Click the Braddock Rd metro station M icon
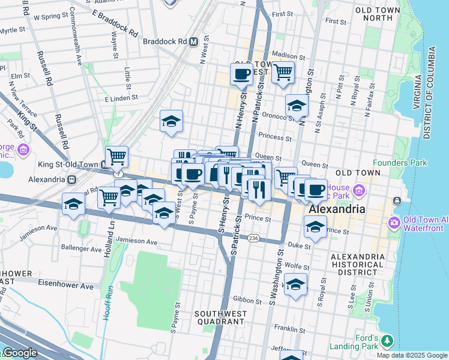coord(193,42)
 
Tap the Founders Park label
coord(399,163)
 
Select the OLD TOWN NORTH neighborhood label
coord(382,14)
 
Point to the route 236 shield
coord(253,238)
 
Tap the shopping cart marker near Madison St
coord(283,73)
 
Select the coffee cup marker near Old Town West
coord(242,74)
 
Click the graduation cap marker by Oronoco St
coord(296,106)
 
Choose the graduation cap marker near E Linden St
coord(171,122)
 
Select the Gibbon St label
coord(244,299)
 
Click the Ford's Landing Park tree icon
coord(387,341)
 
